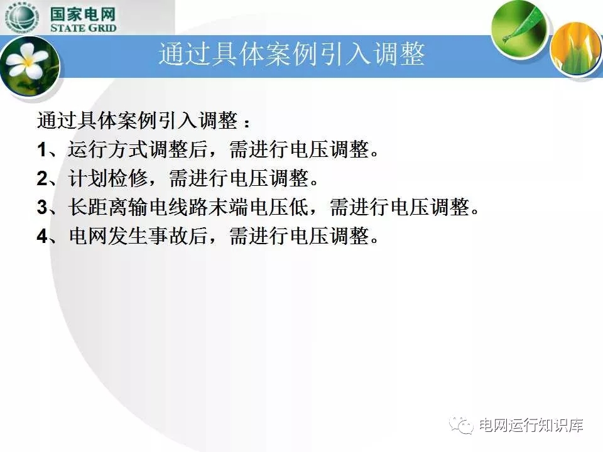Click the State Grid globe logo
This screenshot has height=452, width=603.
[x=22, y=18]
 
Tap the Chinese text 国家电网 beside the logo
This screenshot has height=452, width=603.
[x=83, y=14]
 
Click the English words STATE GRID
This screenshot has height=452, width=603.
[x=83, y=28]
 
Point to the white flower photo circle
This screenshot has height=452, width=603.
[x=30, y=69]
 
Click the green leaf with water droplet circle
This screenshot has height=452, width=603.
[x=519, y=30]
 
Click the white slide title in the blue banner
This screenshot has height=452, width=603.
[x=292, y=54]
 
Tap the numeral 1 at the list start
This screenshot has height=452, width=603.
[x=41, y=149]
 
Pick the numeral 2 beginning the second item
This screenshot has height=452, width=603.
[x=42, y=178]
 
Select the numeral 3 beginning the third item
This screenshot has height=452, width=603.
[x=42, y=207]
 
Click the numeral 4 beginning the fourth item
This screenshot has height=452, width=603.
[x=42, y=235]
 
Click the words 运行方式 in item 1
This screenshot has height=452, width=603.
[x=108, y=149]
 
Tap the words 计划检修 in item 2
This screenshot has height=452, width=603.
[x=108, y=178]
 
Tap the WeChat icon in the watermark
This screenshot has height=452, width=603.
[x=462, y=425]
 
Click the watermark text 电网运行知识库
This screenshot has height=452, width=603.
[x=531, y=426]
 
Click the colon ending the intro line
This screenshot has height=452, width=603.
[x=246, y=122]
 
